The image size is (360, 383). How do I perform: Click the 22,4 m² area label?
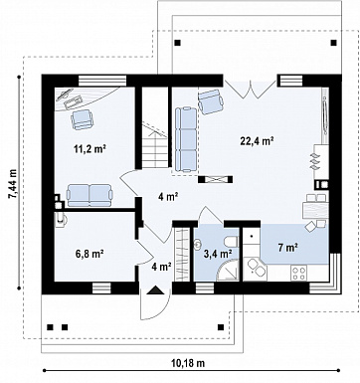point(257,141)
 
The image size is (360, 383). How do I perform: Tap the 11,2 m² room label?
point(90,149)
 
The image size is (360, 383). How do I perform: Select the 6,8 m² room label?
point(90,254)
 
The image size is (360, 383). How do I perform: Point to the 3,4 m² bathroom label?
point(217,254)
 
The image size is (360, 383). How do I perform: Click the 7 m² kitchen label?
point(287,247)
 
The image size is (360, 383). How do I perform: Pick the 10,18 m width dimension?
point(188,363)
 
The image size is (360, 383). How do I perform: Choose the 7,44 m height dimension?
point(12,183)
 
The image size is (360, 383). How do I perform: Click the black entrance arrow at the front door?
point(155,290)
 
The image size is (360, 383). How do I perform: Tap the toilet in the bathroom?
point(231,241)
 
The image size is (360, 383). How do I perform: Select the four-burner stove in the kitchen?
point(298,274)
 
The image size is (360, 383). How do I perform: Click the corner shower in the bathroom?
point(227,271)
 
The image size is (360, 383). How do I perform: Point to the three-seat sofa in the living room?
point(186,139)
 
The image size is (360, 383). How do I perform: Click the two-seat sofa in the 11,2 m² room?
point(89,196)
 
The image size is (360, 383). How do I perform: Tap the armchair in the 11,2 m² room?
point(82,119)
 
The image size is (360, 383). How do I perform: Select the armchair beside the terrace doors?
point(211,101)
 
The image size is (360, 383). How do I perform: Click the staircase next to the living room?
point(155,127)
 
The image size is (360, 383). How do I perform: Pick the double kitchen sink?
point(256,268)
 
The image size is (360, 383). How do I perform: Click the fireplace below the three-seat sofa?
point(216,179)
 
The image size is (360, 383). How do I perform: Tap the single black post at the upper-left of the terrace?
point(178,43)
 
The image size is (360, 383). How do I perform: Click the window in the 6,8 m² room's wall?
point(101,288)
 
